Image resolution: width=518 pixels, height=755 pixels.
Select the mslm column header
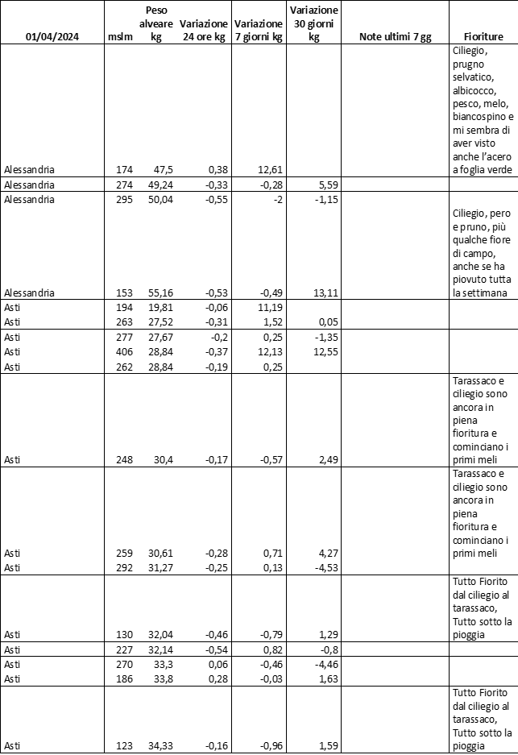[119, 37]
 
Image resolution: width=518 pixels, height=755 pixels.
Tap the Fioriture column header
[483, 37]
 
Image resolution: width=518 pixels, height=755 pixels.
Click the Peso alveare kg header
[156, 24]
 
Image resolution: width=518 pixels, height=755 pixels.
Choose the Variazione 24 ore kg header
[203, 31]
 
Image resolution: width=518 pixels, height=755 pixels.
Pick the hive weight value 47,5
[163, 169]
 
